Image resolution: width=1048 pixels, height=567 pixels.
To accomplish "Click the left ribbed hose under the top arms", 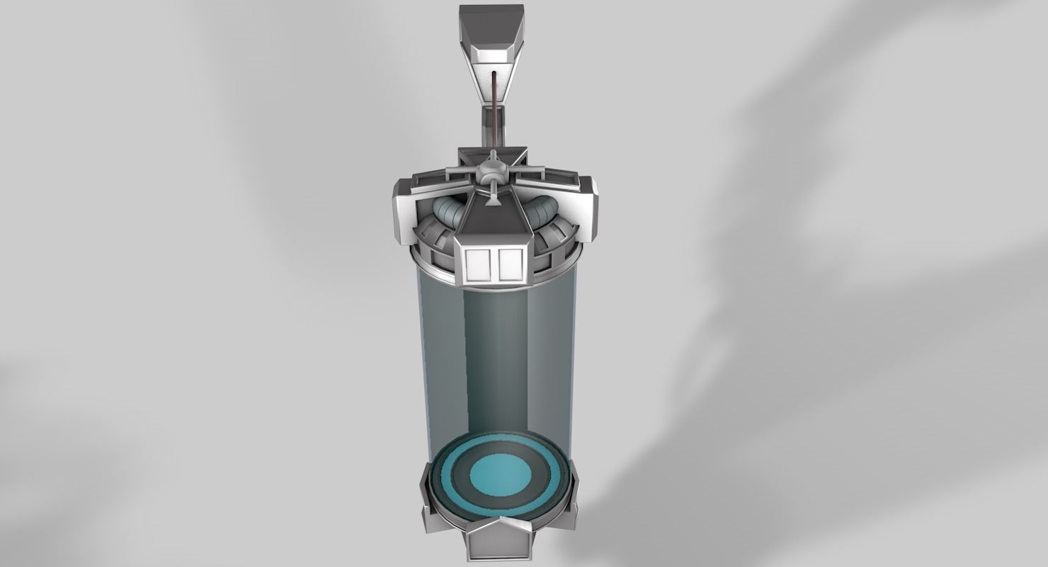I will tap(448, 210).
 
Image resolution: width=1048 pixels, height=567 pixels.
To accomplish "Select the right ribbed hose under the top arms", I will tap(545, 210).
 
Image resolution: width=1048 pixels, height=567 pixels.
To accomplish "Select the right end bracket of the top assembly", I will tap(587, 206).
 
